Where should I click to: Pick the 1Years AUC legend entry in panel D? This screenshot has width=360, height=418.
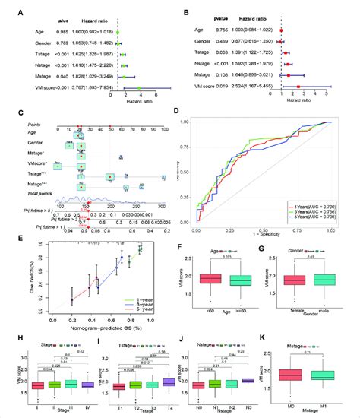(x=322, y=205)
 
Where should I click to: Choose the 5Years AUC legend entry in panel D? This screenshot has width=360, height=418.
(x=322, y=216)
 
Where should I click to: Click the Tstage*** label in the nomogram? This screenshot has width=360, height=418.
(x=32, y=174)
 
